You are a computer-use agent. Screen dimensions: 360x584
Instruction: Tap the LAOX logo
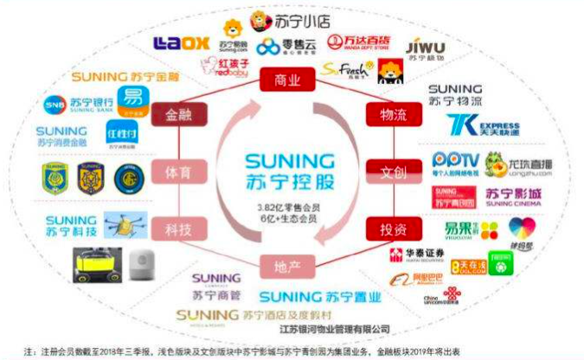pyautogui.click(x=181, y=42)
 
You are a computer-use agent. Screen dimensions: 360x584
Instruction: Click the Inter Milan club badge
pyautogui.click(x=125, y=177)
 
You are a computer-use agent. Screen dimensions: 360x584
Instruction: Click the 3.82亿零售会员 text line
pyautogui.click(x=286, y=209)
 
